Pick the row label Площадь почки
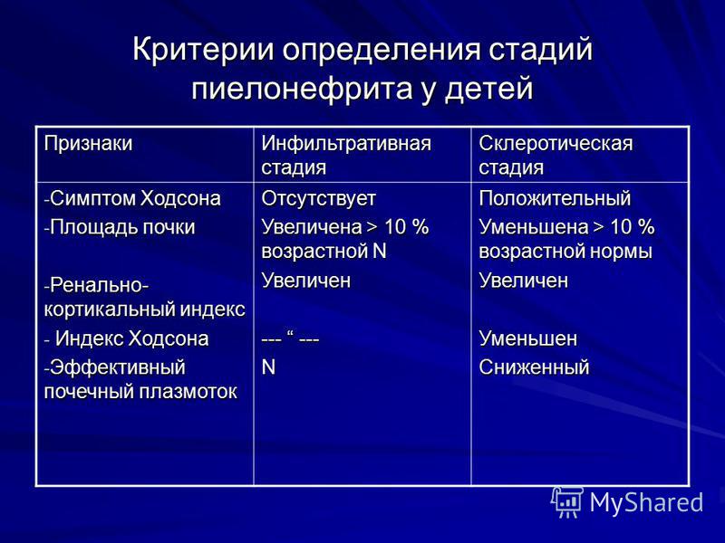point(121,227)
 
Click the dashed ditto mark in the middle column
point(292,339)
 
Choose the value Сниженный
point(534,367)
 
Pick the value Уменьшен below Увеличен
point(527,338)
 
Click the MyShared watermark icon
point(566,502)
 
